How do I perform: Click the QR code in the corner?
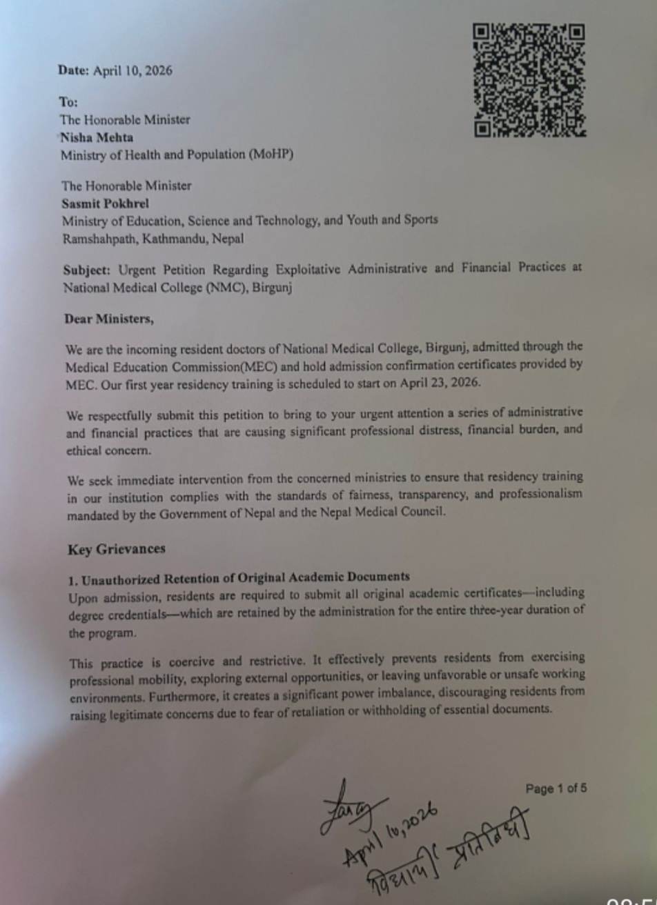click(529, 80)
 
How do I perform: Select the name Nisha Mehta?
click(97, 137)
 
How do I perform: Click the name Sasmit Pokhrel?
click(105, 203)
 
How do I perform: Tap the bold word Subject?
click(87, 269)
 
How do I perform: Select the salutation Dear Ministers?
click(109, 319)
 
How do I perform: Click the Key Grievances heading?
click(117, 549)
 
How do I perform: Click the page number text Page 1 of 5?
click(556, 788)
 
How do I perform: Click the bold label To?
click(68, 102)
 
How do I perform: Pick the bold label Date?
click(74, 70)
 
